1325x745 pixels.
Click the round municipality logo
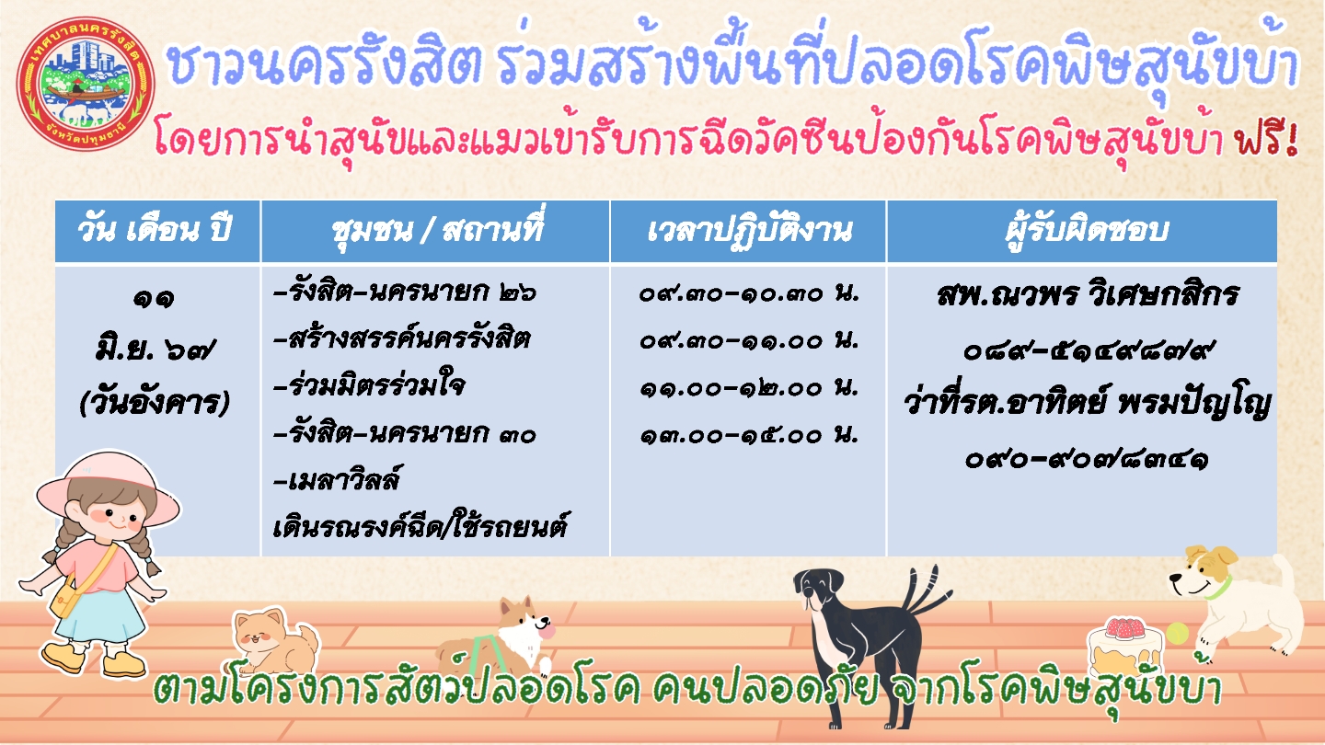click(x=86, y=83)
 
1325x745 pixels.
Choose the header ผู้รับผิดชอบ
click(x=1086, y=229)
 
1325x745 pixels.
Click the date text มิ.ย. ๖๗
click(x=155, y=350)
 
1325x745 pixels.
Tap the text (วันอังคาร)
click(x=154, y=404)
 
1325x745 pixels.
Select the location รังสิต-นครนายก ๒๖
click(x=405, y=292)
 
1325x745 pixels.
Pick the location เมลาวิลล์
click(x=337, y=479)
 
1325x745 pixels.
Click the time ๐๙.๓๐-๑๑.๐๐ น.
click(x=749, y=340)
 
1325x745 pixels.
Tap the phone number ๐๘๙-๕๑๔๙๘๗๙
click(x=1088, y=351)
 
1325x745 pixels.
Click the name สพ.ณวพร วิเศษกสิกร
click(x=1088, y=294)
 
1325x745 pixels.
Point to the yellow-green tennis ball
click(x=1177, y=634)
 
